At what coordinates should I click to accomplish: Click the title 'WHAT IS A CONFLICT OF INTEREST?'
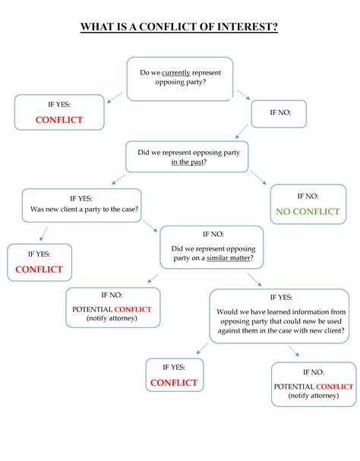click(x=179, y=28)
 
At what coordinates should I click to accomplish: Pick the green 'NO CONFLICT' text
click(x=308, y=211)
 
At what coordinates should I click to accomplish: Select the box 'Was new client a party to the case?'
click(x=83, y=205)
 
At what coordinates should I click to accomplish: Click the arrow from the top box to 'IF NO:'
click(x=244, y=95)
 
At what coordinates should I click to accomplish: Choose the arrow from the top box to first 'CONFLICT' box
click(x=115, y=95)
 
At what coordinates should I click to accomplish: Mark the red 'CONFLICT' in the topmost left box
click(x=58, y=120)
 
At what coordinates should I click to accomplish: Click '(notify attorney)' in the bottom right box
click(x=314, y=396)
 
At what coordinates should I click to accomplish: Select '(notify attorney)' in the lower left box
click(x=112, y=318)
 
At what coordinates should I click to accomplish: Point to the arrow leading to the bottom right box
click(x=293, y=351)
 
